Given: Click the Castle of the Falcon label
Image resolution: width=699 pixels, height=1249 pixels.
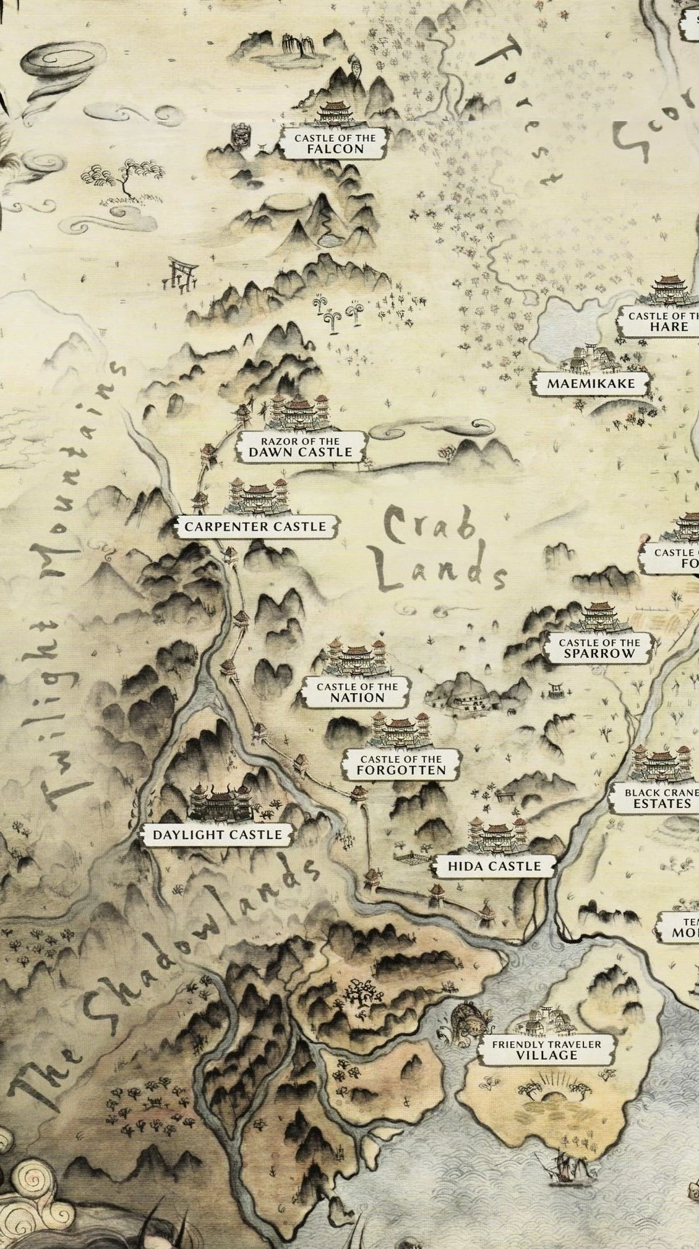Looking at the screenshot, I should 335,143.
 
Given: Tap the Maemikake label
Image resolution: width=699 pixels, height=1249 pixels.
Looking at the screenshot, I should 591,383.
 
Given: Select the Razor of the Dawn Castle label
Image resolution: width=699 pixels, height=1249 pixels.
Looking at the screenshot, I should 301,446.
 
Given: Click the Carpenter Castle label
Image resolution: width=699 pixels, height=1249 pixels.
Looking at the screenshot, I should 255,526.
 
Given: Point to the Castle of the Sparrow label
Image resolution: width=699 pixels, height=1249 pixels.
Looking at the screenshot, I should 599,648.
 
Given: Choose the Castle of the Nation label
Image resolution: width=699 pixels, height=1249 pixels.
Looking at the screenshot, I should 357,692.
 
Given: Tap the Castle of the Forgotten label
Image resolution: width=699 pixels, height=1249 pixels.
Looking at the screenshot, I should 401,764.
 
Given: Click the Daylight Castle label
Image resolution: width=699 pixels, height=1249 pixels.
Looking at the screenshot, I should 217,835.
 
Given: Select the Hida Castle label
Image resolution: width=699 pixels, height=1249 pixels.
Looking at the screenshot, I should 494,866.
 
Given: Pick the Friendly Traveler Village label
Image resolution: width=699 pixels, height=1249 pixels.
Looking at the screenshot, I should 546,1050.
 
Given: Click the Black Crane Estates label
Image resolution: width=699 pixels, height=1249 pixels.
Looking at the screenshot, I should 661,798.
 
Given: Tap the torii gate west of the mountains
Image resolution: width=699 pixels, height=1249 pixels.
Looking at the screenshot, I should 181,274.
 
